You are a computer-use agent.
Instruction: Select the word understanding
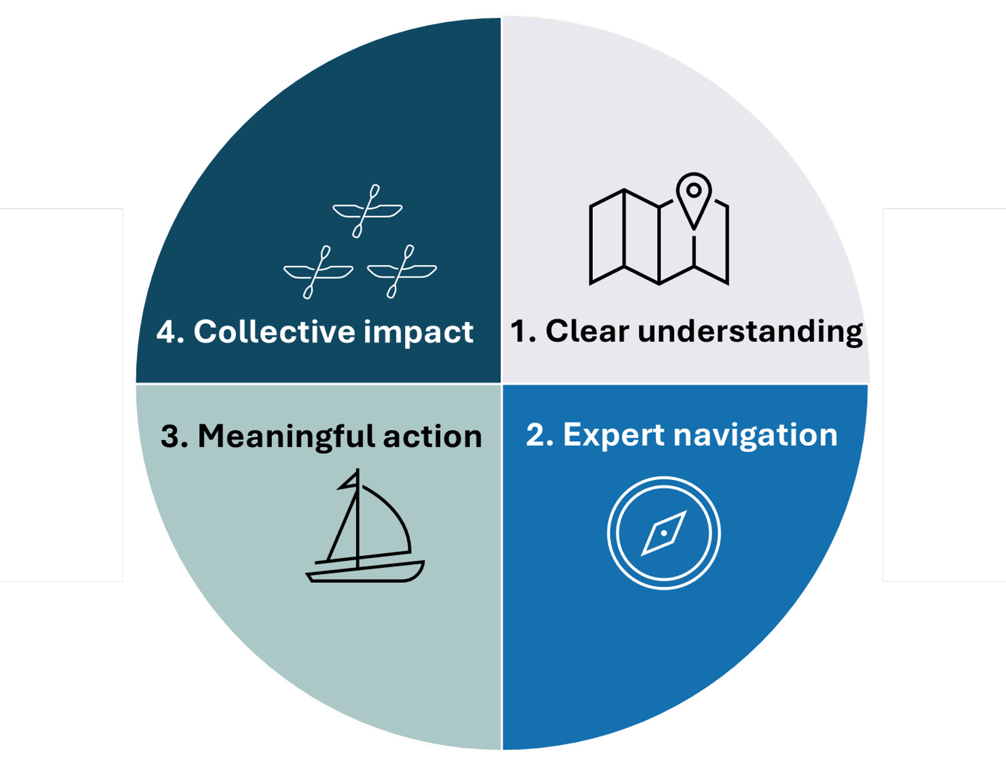tap(750, 332)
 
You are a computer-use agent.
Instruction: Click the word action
tap(432, 436)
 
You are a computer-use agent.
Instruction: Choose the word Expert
tap(614, 435)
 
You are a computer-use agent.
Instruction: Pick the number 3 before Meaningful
tap(171, 436)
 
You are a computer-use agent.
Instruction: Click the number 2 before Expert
tap(535, 435)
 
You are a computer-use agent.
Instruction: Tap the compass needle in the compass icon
tap(664, 533)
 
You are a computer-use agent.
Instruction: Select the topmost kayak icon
tap(367, 210)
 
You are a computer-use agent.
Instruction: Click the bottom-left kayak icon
tap(318, 272)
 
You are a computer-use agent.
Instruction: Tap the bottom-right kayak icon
tap(402, 272)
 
